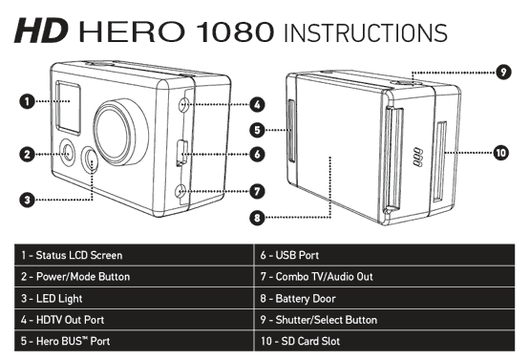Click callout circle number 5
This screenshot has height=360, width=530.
pos(258,129)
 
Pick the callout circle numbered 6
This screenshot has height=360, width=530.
pos(258,154)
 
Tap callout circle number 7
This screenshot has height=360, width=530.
pos(258,191)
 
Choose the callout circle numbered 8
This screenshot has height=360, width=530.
pos(258,218)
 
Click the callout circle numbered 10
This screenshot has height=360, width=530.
pos(501,153)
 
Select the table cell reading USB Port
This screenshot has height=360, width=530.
pos(387,256)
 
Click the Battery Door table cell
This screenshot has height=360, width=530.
pos(387,298)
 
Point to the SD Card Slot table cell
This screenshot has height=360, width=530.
pos(387,341)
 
